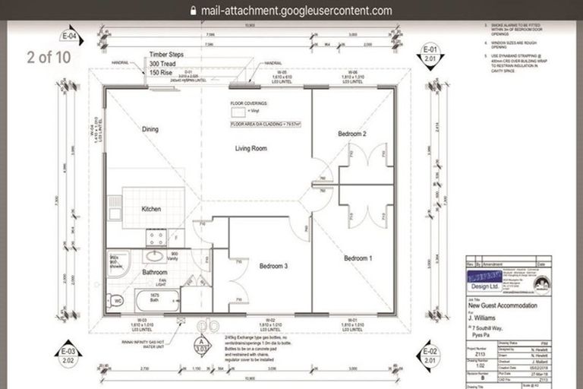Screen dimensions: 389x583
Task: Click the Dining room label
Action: [150, 129]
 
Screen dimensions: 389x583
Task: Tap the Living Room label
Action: [250, 149]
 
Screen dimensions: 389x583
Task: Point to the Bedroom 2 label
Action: [352, 134]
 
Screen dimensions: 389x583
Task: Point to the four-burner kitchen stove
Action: [156, 237]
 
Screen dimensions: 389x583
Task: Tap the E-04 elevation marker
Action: [70, 36]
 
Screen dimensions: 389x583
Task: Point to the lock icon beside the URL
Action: [193, 11]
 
